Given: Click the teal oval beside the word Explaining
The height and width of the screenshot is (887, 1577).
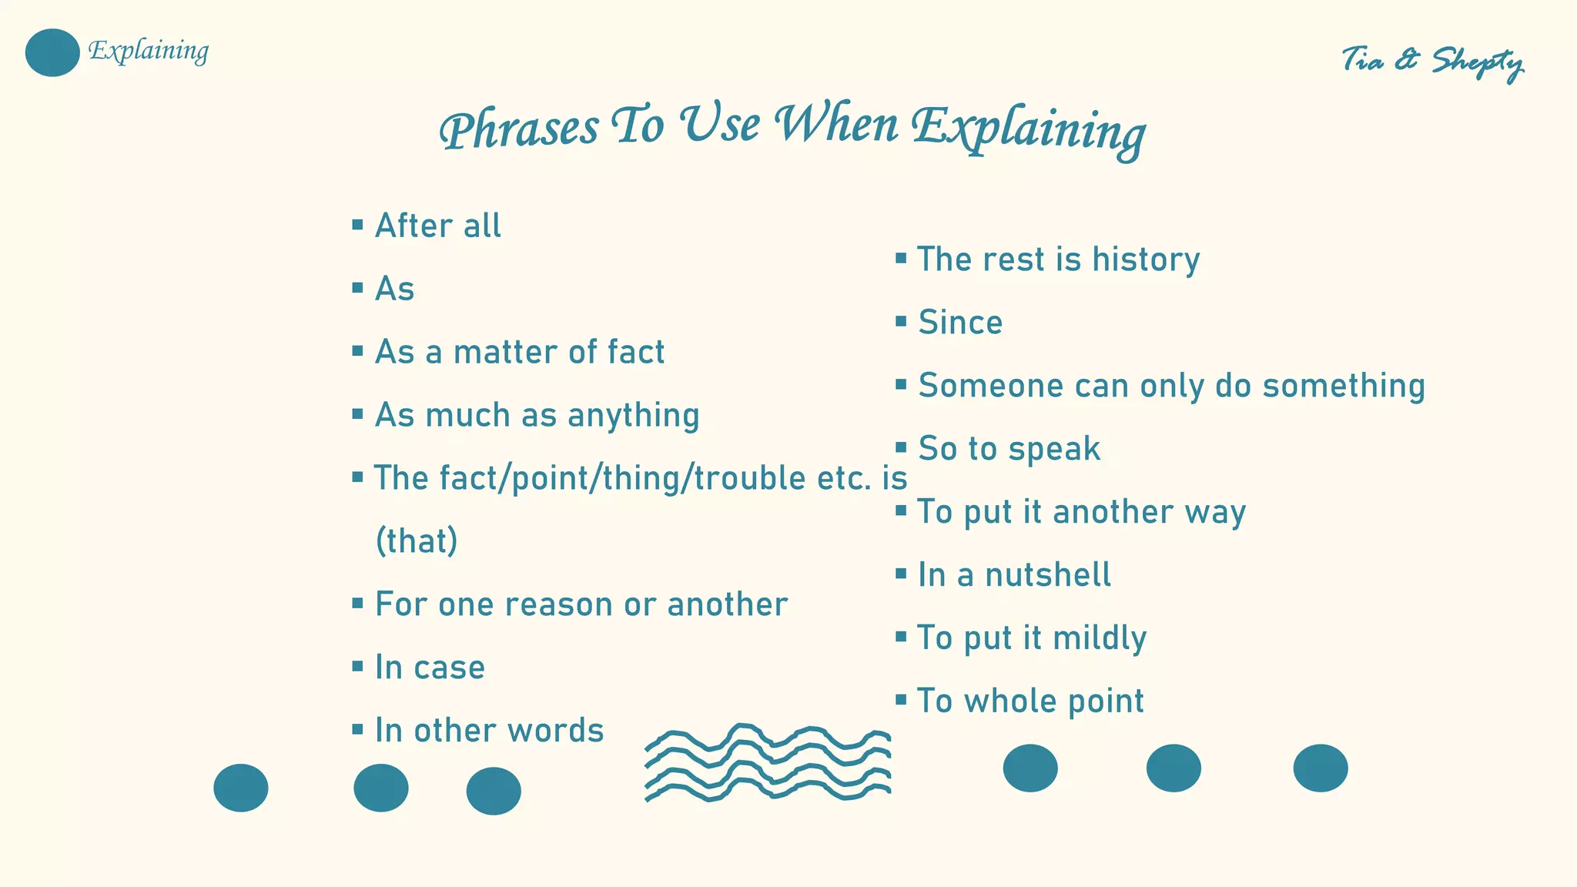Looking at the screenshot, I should coord(52,52).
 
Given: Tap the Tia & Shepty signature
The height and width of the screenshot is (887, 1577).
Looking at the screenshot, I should coord(1431,61).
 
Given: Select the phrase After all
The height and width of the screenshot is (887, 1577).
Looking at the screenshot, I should coord(437,226).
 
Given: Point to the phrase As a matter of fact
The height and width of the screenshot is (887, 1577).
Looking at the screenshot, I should coord(519,352).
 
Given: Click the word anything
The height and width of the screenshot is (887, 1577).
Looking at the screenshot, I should coord(633,416).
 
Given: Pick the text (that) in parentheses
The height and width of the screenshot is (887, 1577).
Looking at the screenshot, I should coord(417,541).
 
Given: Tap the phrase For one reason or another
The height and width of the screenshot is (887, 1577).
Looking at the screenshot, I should coord(581,604).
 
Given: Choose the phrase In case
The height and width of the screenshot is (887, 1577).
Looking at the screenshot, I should coord(430,668).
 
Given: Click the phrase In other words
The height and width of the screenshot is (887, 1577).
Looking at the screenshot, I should coord(489,731).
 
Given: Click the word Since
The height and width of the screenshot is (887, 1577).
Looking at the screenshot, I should coord(960,323).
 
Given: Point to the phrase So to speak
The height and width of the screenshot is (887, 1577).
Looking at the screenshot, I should coord(1009,449).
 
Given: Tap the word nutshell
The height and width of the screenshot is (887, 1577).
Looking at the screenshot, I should coord(1048,575).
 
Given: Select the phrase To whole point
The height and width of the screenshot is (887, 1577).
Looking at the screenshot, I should coord(1030,701).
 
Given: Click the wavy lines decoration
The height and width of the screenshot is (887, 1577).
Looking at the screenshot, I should coord(768,762).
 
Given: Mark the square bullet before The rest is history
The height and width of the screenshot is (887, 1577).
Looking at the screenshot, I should coord(901,258).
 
